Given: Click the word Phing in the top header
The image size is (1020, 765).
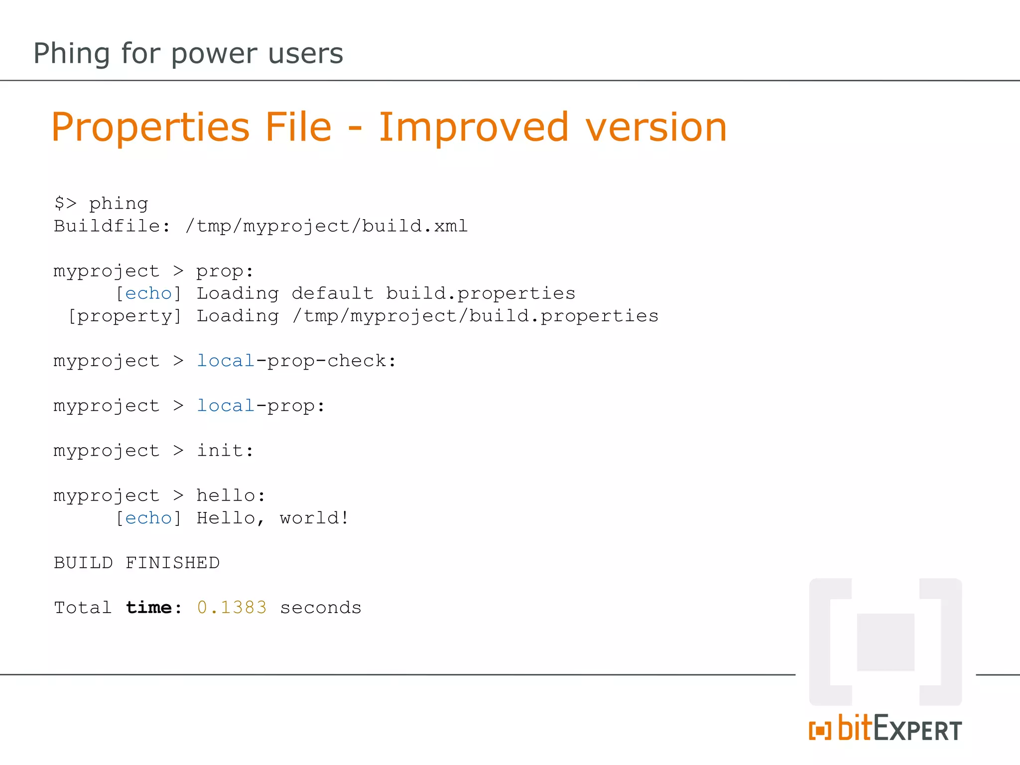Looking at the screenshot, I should point(71,54).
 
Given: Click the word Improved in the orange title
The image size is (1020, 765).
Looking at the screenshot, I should point(473,127).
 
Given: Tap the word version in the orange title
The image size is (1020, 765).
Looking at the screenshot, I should point(656,127).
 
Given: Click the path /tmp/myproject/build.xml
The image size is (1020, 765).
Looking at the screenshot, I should point(326,226).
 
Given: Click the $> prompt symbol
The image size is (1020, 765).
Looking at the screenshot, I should point(65,203).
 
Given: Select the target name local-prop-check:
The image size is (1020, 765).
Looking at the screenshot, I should point(296,361).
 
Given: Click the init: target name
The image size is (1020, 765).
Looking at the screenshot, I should point(225,451).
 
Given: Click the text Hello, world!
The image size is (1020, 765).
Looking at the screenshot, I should point(272,518).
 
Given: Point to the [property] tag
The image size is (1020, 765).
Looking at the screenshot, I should point(125,316).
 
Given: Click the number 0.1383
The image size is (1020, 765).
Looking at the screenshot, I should point(232,608).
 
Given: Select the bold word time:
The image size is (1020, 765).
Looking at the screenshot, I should point(153,608).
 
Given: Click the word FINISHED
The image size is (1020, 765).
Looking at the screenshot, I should point(172,563).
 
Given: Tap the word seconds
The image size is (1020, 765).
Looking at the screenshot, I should point(320,608).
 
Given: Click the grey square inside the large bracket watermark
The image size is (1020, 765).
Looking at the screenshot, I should point(886,642).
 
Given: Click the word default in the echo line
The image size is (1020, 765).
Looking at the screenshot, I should point(332,293).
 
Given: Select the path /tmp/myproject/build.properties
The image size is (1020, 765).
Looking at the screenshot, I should point(475,316).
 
